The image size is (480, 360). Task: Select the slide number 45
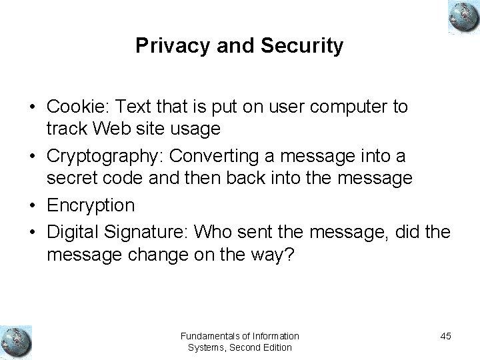pyautogui.click(x=445, y=336)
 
